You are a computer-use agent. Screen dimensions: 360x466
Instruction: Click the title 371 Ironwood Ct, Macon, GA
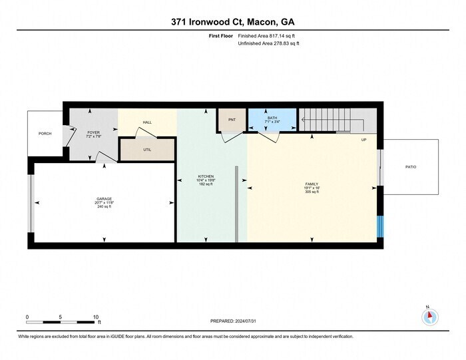tap(232, 22)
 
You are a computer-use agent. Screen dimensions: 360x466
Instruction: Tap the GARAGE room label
tap(104, 201)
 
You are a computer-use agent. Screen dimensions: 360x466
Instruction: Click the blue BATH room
tap(272, 120)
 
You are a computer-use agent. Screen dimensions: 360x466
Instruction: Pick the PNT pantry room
tap(232, 120)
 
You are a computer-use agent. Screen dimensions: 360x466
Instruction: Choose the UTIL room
tap(147, 149)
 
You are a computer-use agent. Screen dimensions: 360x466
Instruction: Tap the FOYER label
tap(93, 134)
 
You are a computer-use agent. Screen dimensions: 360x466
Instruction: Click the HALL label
tap(147, 122)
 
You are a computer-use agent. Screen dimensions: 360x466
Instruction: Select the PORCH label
tap(45, 134)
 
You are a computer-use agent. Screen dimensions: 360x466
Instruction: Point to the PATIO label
tap(411, 167)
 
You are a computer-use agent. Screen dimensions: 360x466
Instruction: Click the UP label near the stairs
tap(363, 140)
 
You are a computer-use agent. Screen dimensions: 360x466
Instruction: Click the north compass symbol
tap(429, 317)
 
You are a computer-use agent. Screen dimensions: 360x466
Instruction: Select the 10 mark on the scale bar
tap(97, 317)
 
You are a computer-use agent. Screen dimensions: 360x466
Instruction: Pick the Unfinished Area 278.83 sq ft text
tap(268, 43)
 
